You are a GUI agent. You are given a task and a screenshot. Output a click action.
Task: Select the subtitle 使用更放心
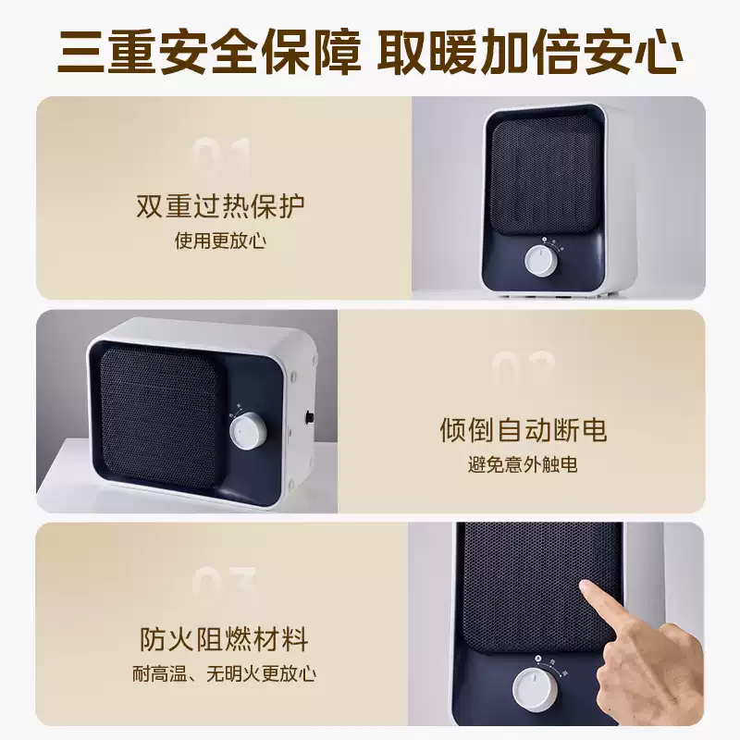[x=220, y=240]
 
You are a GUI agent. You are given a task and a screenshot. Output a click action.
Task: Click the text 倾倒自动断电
[x=523, y=430]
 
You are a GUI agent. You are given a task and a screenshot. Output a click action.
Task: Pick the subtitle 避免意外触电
[x=523, y=465]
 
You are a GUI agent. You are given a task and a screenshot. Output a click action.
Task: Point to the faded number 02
[x=523, y=370]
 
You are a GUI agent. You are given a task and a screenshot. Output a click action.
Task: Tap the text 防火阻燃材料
[x=224, y=639]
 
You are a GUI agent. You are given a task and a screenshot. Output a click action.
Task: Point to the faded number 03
[x=225, y=585]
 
